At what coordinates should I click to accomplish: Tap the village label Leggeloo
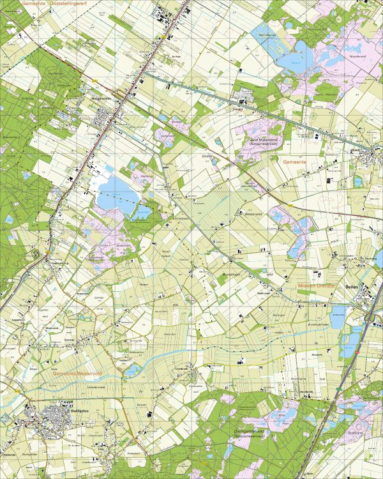pyautogui.click(x=17, y=317)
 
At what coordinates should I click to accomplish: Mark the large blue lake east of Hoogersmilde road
pyautogui.click(x=114, y=194)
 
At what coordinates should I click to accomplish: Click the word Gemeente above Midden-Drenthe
pyautogui.click(x=294, y=163)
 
